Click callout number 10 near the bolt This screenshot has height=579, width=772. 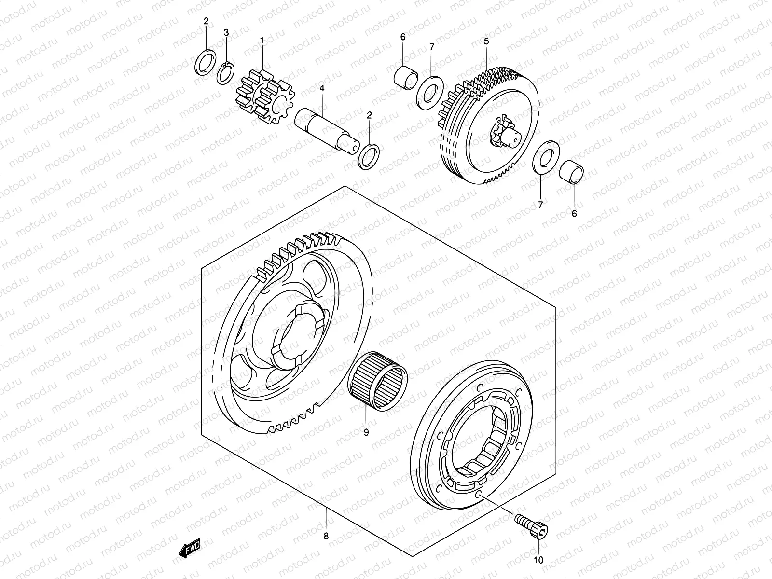[538, 560]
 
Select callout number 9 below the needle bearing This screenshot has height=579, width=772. [366, 432]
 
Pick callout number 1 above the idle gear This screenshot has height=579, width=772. [262, 41]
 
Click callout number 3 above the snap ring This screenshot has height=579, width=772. [226, 32]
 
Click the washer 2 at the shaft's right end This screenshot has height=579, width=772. [369, 156]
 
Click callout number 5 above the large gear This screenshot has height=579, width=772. [486, 41]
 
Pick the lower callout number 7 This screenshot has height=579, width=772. [540, 205]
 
